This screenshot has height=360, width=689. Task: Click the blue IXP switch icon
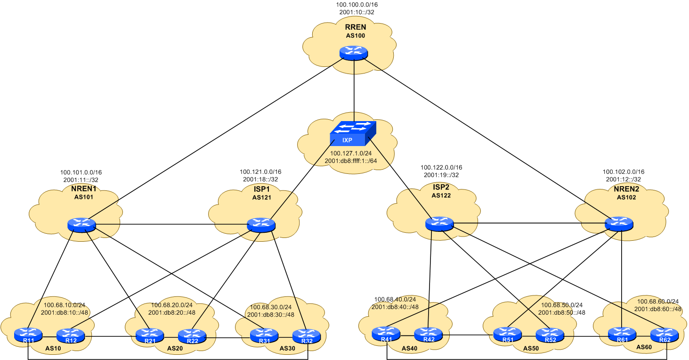[353, 133]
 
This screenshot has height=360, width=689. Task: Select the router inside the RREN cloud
[353, 53]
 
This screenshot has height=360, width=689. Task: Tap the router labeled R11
[28, 335]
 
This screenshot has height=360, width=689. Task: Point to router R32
[307, 335]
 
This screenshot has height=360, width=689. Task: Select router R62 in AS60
[665, 335]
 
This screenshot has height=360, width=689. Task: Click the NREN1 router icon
[81, 225]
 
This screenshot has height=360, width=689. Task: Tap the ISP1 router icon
[261, 225]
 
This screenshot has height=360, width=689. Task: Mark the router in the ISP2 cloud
[439, 224]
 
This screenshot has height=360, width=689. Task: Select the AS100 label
[356, 35]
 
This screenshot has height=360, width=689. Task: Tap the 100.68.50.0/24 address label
[562, 305]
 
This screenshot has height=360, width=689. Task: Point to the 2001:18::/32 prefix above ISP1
[260, 179]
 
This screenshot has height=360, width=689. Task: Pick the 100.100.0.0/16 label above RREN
[357, 5]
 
